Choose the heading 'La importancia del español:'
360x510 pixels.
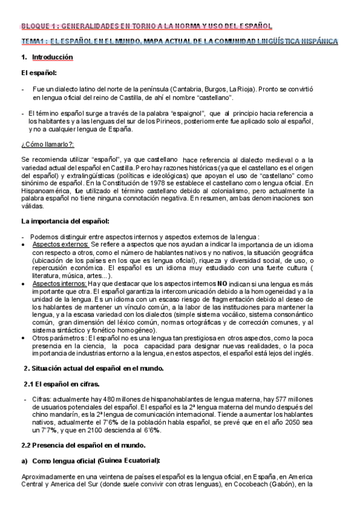coord(64,221)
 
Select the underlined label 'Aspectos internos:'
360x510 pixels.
coord(59,282)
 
